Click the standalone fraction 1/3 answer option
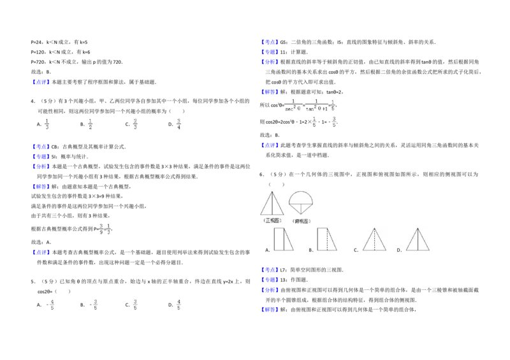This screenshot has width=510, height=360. [47, 124]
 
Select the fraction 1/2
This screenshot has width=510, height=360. [91, 124]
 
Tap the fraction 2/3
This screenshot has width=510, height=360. [135, 124]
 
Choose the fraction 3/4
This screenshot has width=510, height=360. [178, 124]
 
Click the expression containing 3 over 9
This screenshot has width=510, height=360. [105, 229]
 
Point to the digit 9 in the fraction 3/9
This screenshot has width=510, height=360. [100, 233]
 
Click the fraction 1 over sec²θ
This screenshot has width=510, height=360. [293, 104]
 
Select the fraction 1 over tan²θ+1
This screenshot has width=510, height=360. [316, 104]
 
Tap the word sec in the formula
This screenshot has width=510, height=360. [289, 108]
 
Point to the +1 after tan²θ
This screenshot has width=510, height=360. [324, 108]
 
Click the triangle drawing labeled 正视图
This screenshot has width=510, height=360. [272, 203]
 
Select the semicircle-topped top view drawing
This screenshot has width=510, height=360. [300, 203]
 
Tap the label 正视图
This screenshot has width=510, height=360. [272, 220]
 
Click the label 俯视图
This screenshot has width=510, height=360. [301, 220]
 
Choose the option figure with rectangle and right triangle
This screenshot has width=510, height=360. [283, 240]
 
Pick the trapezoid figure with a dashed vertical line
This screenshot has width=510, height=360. [328, 240]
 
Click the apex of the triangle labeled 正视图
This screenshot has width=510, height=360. [272, 192]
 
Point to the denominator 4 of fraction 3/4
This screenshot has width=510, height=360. [179, 128]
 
